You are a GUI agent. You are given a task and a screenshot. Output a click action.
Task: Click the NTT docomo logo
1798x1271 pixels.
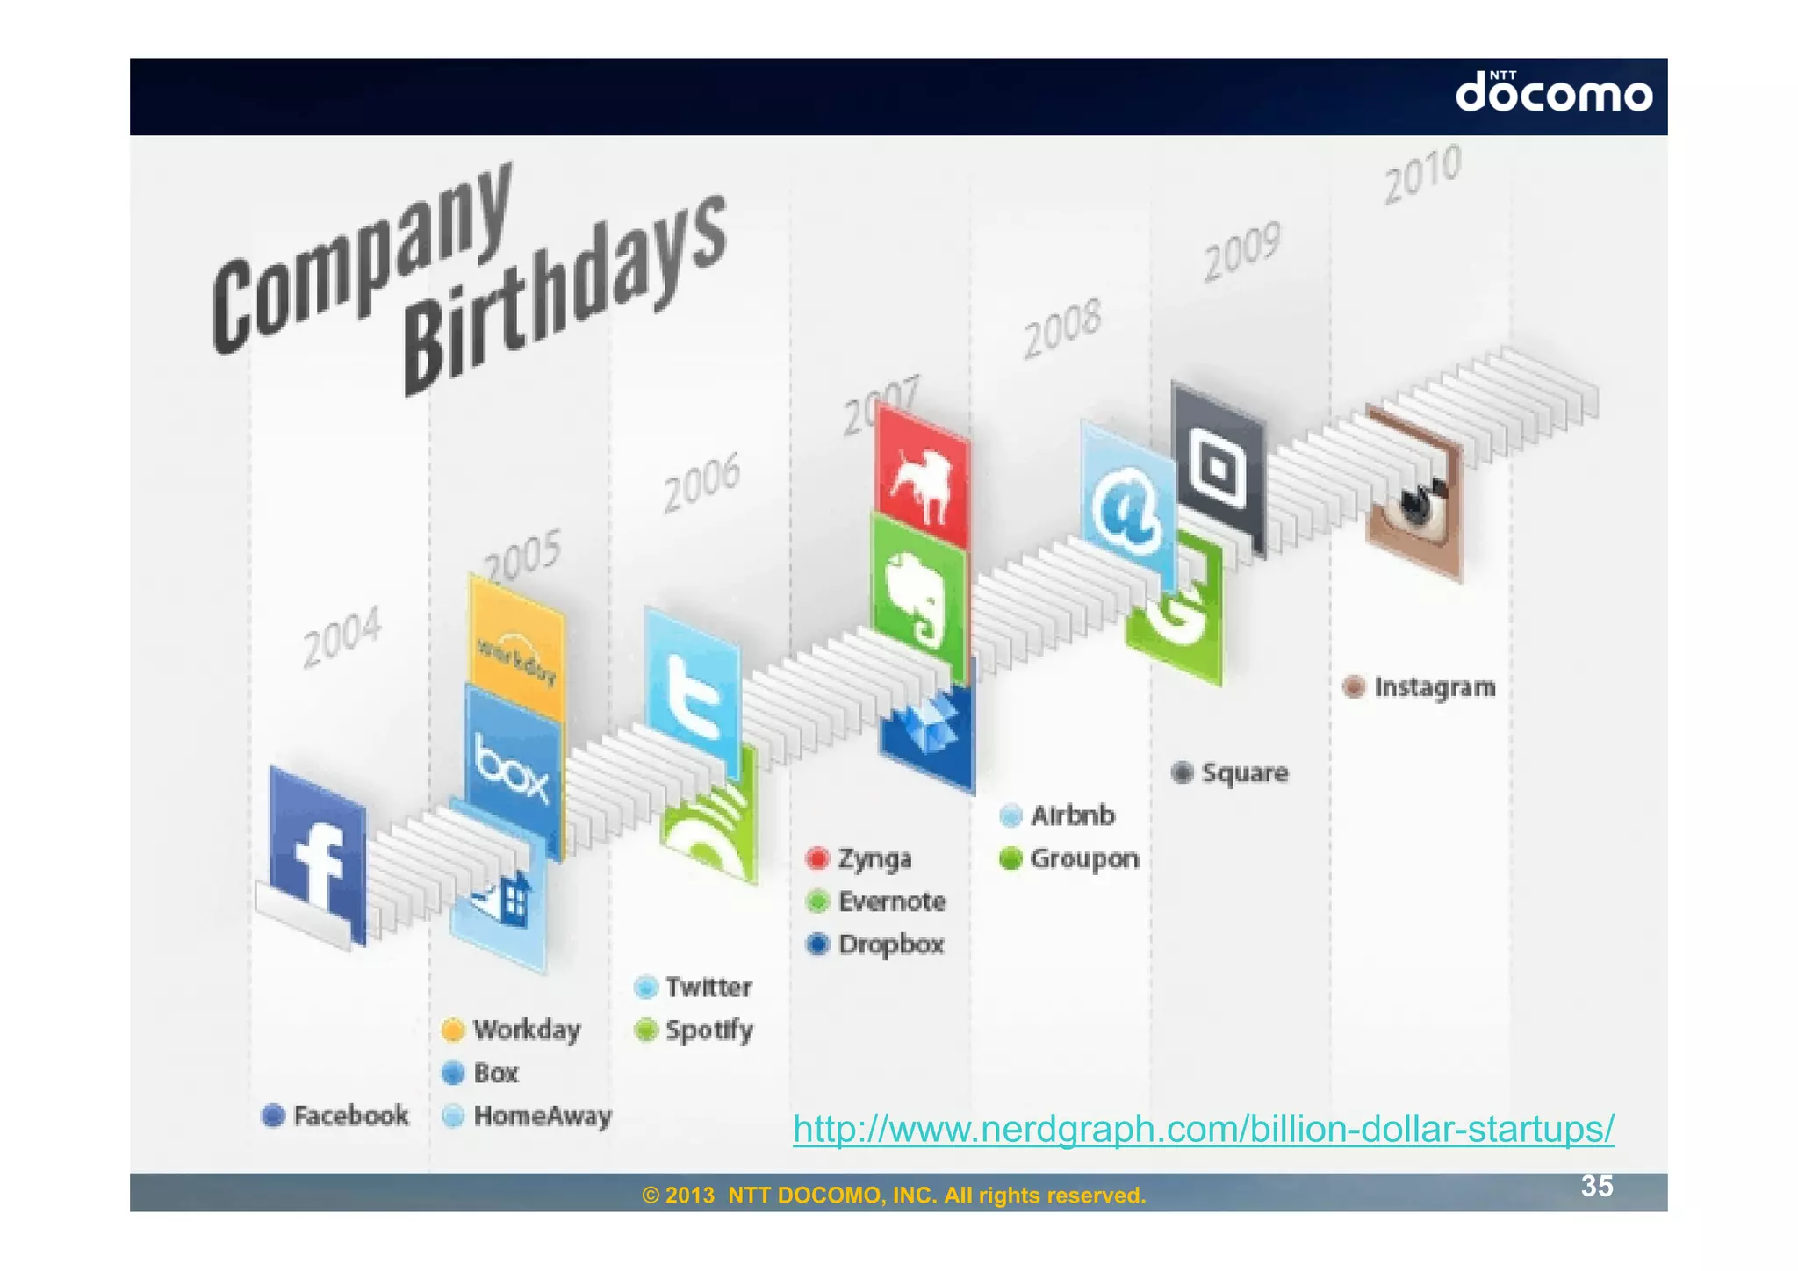pos(1554,93)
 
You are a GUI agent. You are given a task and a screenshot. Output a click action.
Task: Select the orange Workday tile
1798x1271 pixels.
pos(517,648)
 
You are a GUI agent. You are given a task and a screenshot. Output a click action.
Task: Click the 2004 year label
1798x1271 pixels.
pos(342,635)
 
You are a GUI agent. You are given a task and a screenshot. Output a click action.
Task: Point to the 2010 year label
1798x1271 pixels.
pos(1422,173)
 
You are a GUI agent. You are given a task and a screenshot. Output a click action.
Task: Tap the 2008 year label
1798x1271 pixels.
pos(1062,328)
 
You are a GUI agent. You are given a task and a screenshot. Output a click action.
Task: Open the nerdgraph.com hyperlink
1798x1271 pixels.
pos(1203,1128)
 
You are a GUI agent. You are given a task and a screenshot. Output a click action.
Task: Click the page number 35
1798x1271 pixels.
pos(1597,1186)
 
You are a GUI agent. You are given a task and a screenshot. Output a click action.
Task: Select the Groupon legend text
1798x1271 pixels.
pos(1084,858)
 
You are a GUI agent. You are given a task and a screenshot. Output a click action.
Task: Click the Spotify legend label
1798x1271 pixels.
pos(708,1030)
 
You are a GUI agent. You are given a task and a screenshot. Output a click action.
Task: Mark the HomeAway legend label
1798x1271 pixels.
pos(542,1116)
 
